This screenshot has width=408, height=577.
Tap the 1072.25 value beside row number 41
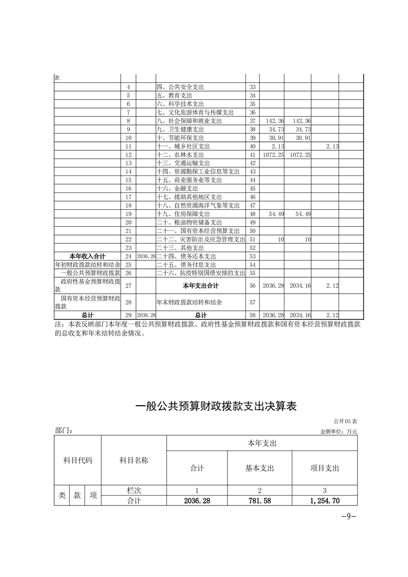point(272,154)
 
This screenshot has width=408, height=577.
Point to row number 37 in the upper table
point(252,121)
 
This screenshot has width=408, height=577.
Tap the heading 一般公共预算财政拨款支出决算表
point(216,406)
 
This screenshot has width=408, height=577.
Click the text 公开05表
point(345,421)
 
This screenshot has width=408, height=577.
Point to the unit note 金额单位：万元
point(338,431)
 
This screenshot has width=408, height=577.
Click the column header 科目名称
point(134,460)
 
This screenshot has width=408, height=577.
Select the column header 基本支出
point(260,468)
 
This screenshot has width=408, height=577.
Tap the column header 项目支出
point(325,468)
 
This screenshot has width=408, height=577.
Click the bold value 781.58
point(260,500)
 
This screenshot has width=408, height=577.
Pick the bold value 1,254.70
point(325,500)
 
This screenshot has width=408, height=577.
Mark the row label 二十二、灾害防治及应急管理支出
point(201,239)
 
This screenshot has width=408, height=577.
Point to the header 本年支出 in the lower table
point(262,443)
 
